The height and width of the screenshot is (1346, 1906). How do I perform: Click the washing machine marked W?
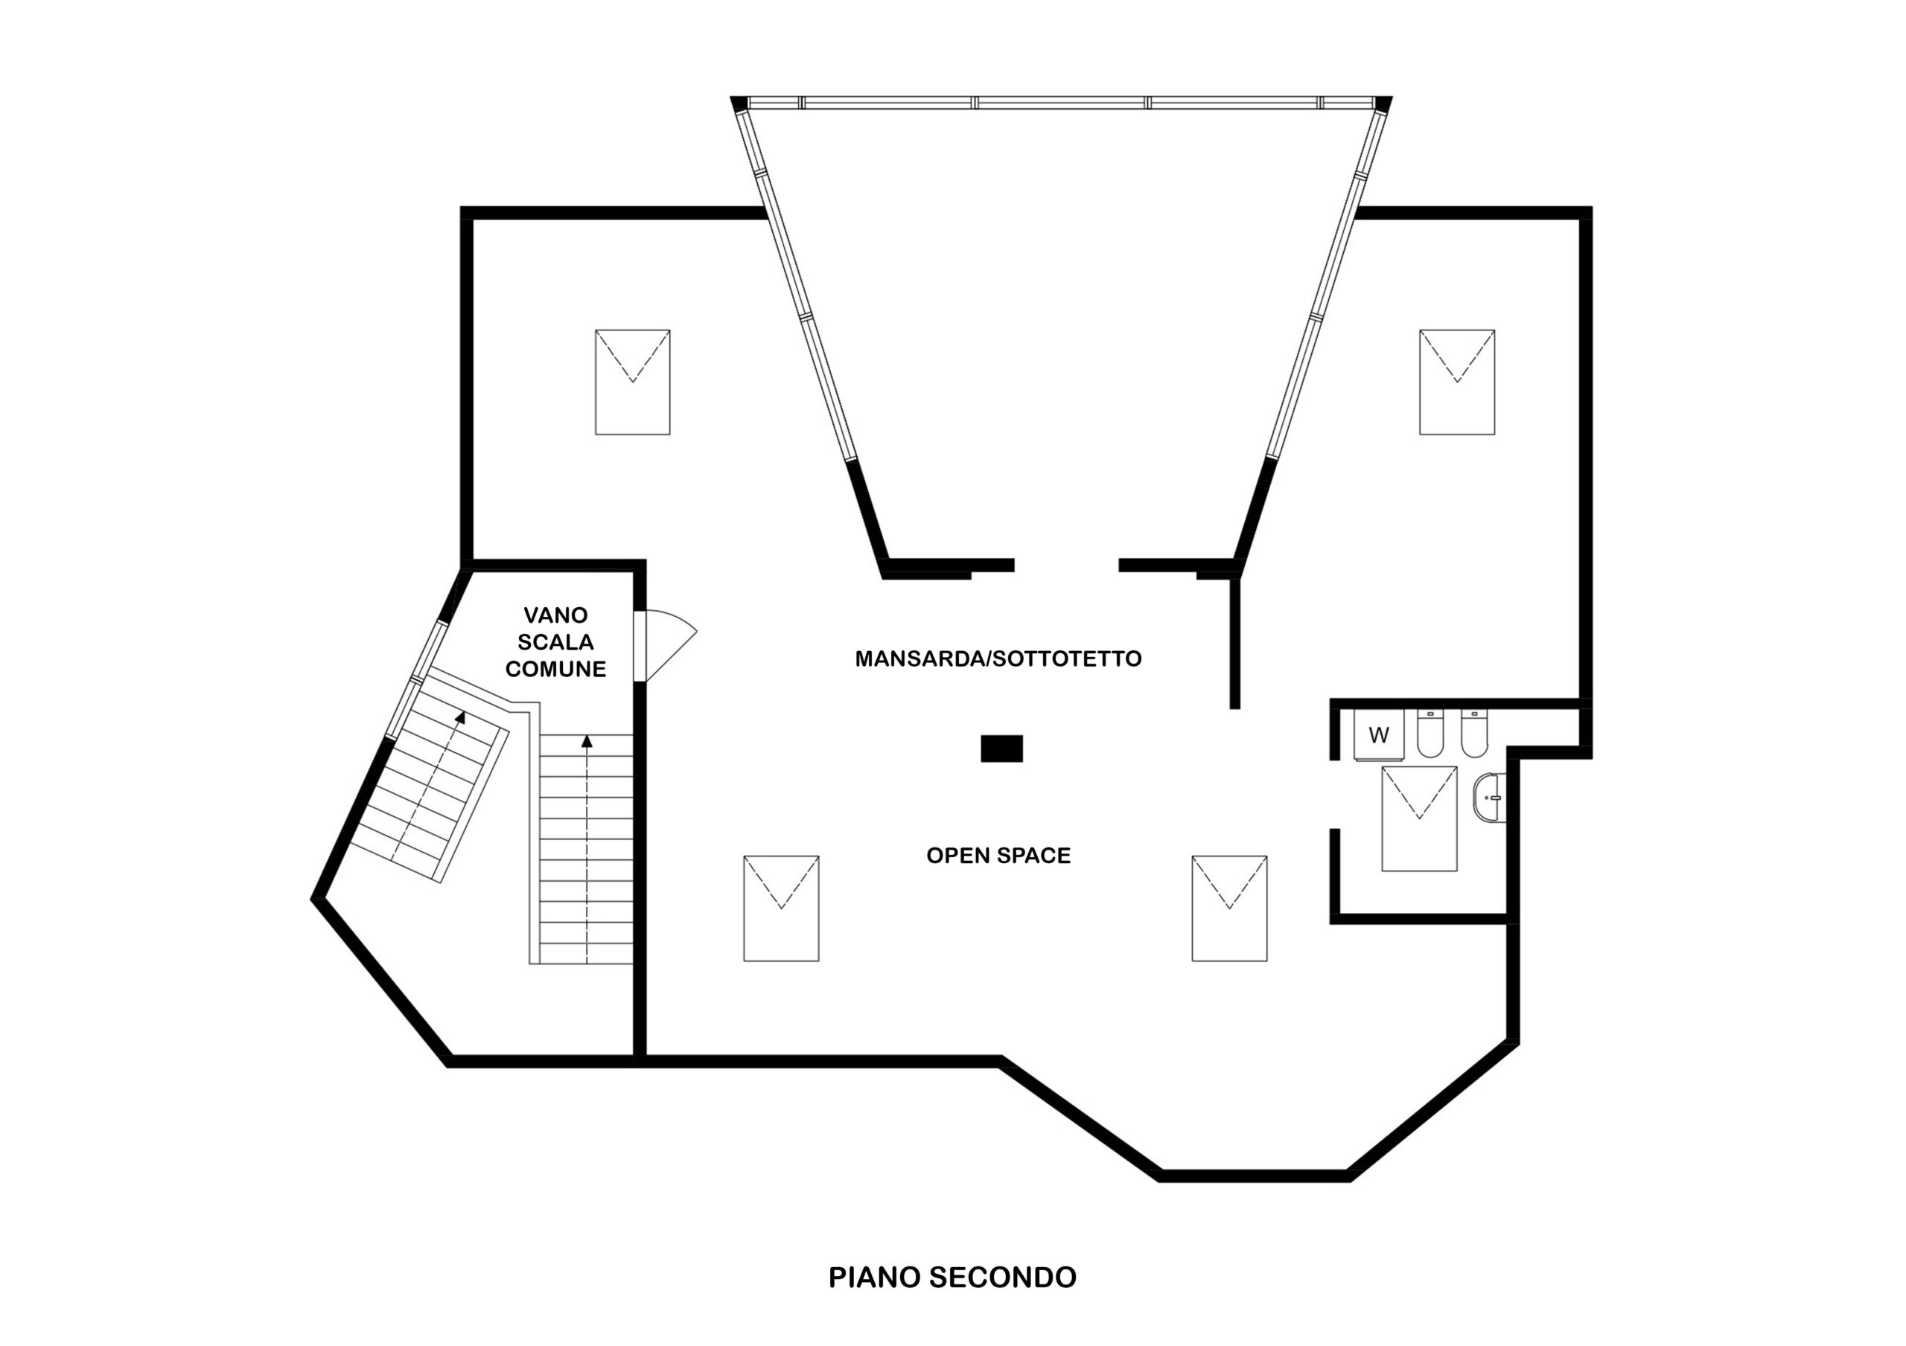[1378, 735]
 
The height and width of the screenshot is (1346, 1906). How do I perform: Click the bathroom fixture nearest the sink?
[1474, 734]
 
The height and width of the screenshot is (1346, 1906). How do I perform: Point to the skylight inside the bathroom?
[1420, 818]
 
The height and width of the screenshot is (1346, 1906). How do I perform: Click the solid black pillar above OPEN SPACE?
[1002, 749]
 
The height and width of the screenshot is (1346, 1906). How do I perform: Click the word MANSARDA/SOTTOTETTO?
[998, 659]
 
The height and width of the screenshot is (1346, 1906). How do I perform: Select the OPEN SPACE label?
[998, 856]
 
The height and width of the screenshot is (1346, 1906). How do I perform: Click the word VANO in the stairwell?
[555, 615]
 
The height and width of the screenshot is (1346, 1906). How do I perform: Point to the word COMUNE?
[555, 669]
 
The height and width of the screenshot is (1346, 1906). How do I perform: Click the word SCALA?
[555, 641]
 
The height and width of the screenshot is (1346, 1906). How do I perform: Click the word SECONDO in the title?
[1002, 1277]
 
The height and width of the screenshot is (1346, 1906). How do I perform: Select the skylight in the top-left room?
[633, 382]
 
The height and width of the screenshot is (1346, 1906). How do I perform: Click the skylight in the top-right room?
[1457, 382]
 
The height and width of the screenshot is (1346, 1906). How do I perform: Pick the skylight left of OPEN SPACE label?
[781, 908]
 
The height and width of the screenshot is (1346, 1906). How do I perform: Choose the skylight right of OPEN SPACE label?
[1229, 908]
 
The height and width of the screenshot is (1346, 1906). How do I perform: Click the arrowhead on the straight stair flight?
[587, 741]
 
